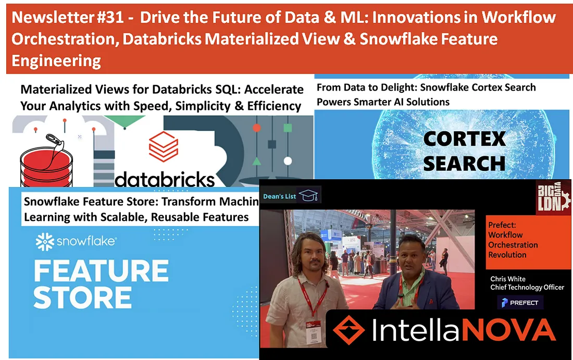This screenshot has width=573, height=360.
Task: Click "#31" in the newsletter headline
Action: click(x=110, y=17)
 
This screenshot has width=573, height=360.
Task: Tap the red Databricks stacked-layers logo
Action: click(x=164, y=146)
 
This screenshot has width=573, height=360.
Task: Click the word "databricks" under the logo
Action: click(x=165, y=179)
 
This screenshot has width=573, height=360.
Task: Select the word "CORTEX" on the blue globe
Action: click(x=465, y=139)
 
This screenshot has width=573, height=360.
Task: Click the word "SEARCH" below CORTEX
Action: click(x=464, y=164)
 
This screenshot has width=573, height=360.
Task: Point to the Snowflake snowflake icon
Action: click(x=45, y=242)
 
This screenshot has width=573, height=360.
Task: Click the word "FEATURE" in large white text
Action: click(x=101, y=271)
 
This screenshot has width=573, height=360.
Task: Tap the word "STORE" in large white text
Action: click(x=83, y=297)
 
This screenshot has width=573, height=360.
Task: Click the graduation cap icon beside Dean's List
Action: click(x=308, y=195)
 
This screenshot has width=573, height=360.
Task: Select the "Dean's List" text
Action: click(x=280, y=196)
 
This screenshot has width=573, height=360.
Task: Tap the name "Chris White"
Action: click(x=508, y=279)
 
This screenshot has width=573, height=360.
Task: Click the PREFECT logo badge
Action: click(x=520, y=303)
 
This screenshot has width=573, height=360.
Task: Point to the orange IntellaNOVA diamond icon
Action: click(x=348, y=330)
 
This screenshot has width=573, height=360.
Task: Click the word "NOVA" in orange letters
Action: click(x=509, y=330)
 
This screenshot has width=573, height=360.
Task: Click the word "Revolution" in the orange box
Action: click(x=507, y=255)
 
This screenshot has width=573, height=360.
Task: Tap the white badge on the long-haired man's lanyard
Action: click(x=313, y=332)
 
